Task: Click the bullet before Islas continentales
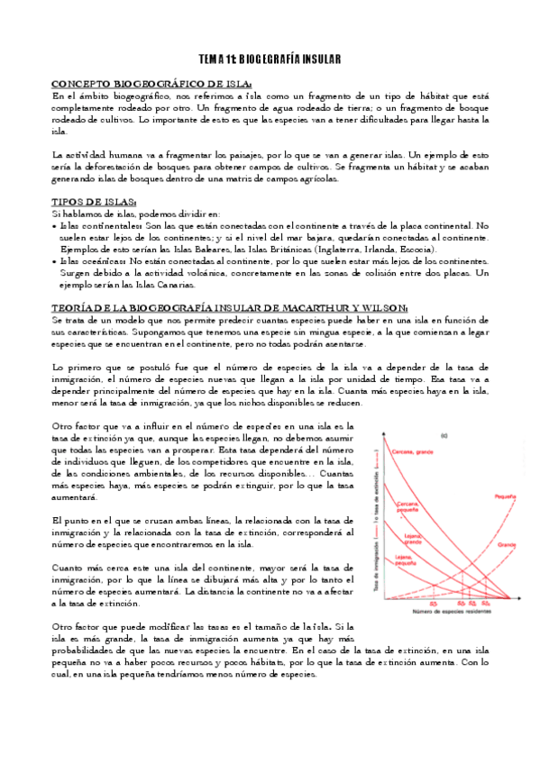(56, 225)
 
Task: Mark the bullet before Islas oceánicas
(56, 260)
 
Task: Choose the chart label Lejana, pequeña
(407, 562)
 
